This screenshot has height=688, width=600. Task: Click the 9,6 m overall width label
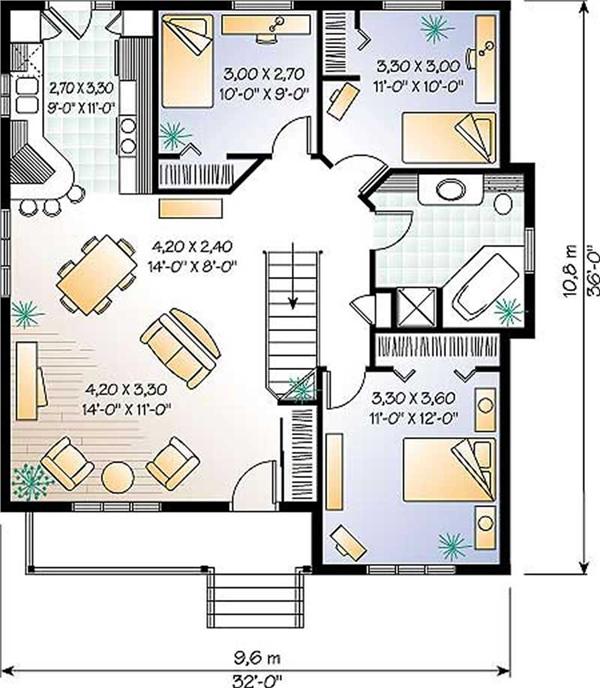pos(257,658)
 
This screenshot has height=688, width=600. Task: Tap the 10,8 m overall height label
pos(569,272)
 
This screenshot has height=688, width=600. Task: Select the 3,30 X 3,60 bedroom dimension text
pos(414,398)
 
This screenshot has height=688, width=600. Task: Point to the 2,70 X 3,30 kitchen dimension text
pos(81,88)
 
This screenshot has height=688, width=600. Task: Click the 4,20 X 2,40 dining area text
pos(192,246)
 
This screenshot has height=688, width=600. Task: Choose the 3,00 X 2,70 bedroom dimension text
pos(264,74)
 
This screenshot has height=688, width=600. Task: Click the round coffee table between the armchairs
pos(118,477)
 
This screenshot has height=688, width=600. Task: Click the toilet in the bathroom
pos(503,203)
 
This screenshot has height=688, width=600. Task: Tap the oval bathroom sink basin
pos(450,189)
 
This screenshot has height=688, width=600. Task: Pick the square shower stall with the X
pos(417,307)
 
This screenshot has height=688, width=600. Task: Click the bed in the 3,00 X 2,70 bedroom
pos(187,61)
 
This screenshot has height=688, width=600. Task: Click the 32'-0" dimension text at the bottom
pos(257,681)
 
